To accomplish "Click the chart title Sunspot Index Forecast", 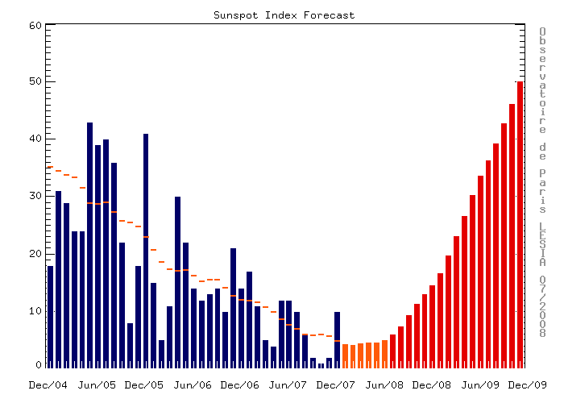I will click(284, 15).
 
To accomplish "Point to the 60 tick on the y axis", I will click(35, 25).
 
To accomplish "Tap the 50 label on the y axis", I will click(35, 82).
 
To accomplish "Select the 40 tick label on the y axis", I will click(35, 139).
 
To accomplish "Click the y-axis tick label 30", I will click(35, 196).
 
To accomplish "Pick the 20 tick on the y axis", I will click(35, 254).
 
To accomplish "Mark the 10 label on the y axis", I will click(35, 311).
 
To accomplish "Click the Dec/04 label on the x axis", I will click(48, 385).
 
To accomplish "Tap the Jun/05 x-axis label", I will click(97, 385).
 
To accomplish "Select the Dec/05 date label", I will click(145, 385).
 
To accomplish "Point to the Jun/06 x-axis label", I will click(193, 385).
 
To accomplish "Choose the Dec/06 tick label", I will click(241, 385).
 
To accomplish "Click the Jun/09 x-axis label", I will click(481, 385).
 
